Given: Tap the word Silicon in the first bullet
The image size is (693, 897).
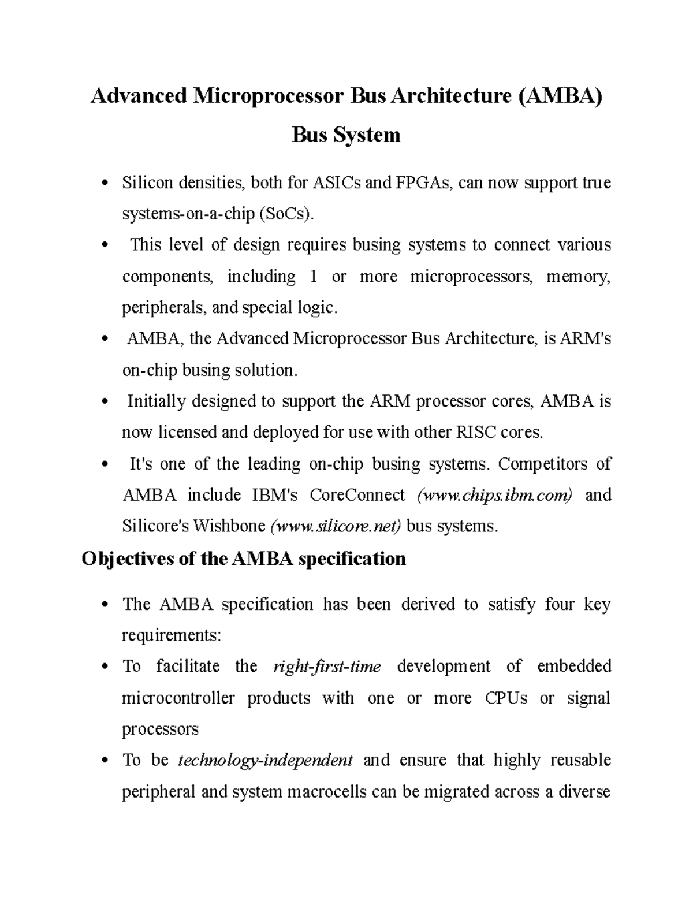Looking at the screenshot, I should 147,183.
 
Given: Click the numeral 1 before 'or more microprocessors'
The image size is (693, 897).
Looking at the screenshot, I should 313,277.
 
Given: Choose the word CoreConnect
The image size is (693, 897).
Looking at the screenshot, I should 357,495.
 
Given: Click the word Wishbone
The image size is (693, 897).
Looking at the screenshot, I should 229,526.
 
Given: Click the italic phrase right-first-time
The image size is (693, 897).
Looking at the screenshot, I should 326,667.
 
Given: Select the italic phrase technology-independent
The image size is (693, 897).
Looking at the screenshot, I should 266,760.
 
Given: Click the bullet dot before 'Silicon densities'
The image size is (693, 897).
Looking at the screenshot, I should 105,184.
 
